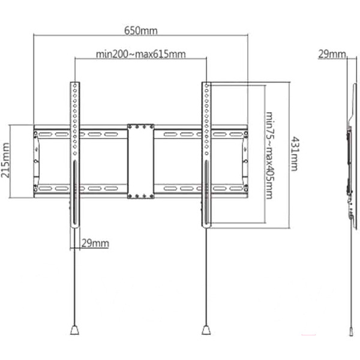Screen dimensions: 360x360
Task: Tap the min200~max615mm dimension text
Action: pos(140,54)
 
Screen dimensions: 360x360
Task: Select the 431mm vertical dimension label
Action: pos(293,154)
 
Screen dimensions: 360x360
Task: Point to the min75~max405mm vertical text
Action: pos(269,154)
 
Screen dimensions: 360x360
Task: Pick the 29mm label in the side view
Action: pos(331,55)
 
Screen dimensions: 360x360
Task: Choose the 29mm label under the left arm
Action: pos(95,243)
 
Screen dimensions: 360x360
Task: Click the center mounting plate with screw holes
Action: pos(140,161)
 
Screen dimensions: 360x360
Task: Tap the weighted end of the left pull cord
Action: pos(74,329)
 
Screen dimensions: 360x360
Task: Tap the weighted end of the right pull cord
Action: pos(206,329)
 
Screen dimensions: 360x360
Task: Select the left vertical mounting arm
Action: pos(75,120)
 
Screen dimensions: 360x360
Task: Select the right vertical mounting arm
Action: pos(206,120)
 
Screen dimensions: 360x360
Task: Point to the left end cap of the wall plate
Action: pos(37,161)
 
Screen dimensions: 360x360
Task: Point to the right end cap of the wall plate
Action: pos(245,161)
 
